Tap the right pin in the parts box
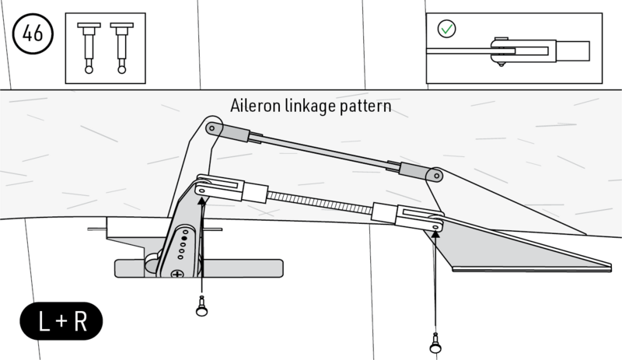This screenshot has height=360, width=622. [x=121, y=47]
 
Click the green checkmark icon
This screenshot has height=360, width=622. [x=447, y=30]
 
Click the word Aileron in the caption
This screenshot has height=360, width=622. [x=254, y=106]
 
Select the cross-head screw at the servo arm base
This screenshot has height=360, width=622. [x=178, y=273]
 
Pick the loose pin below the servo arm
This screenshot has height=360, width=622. [x=202, y=308]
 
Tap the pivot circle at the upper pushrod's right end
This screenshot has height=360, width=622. [x=435, y=176]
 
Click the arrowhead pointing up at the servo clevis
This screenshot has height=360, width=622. [x=201, y=200]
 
